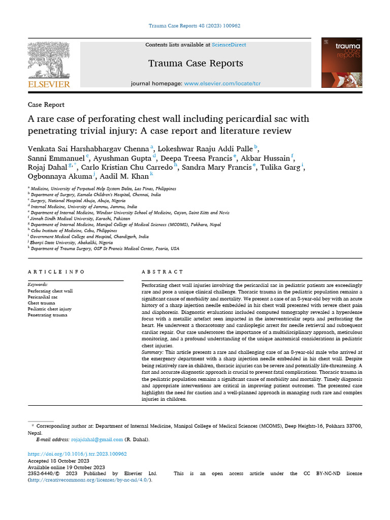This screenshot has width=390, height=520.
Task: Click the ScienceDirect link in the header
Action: click(229, 45)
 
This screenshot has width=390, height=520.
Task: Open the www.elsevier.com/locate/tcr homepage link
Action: click(222, 83)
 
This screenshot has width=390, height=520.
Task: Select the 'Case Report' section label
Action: click(46, 105)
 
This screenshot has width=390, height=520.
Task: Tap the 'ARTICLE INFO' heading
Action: click(56, 272)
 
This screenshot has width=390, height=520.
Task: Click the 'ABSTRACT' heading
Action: click(162, 272)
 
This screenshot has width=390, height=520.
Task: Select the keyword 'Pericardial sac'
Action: click(43, 297)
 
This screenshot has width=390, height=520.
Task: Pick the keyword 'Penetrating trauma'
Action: click(47, 315)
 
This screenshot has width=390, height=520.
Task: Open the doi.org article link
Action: click(77, 454)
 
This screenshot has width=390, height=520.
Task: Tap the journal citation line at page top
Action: click(195, 25)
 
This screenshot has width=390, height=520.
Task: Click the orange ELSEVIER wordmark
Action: click(49, 84)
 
